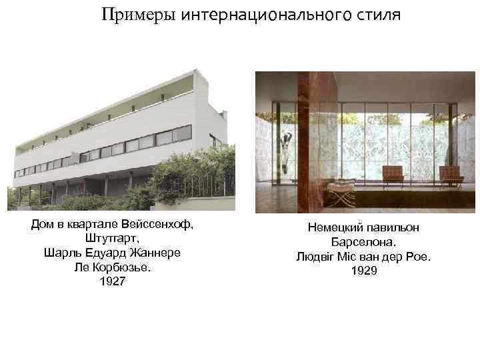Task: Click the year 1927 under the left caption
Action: point(111,282)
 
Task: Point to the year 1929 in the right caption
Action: point(363,271)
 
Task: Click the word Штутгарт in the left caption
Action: point(111,238)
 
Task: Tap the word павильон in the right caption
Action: point(392,227)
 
